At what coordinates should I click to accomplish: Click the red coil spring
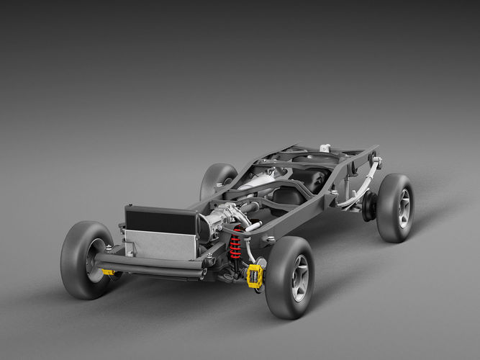pyautogui.click(x=235, y=245)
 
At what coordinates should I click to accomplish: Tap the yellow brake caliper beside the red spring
pyautogui.click(x=255, y=276)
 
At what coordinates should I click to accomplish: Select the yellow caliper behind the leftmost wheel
pyautogui.click(x=108, y=272)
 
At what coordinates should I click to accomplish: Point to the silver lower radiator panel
pyautogui.click(x=160, y=245)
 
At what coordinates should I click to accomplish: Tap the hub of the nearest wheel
pyautogui.click(x=299, y=278)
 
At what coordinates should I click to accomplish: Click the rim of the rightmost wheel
pyautogui.click(x=404, y=208)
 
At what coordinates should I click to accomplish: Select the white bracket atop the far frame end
pyautogui.click(x=325, y=148)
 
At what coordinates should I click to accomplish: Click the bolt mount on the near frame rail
pyautogui.click(x=269, y=239)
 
